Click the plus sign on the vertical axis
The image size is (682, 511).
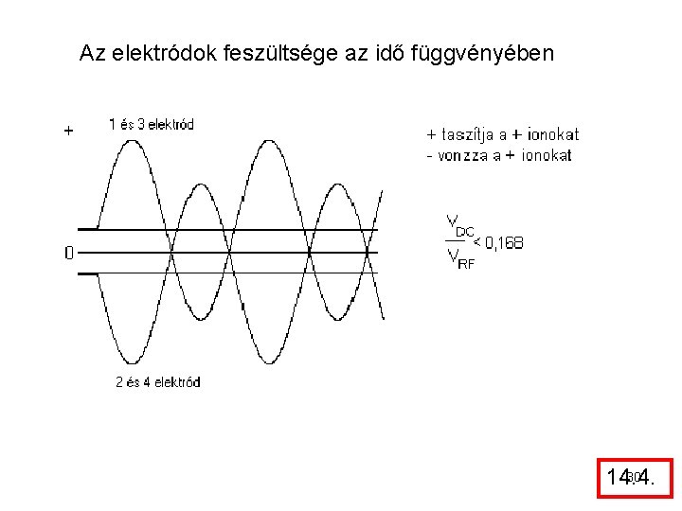(68, 132)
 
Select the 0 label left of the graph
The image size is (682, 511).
(68, 253)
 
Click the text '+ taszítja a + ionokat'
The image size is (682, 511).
(502, 135)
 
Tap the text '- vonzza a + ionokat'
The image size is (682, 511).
(499, 155)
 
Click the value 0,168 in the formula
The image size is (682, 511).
(503, 243)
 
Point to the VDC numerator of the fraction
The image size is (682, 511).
(459, 226)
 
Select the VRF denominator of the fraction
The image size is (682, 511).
(459, 258)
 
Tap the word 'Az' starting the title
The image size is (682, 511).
(92, 53)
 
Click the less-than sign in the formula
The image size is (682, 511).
(477, 243)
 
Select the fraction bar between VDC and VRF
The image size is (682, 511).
(457, 240)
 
